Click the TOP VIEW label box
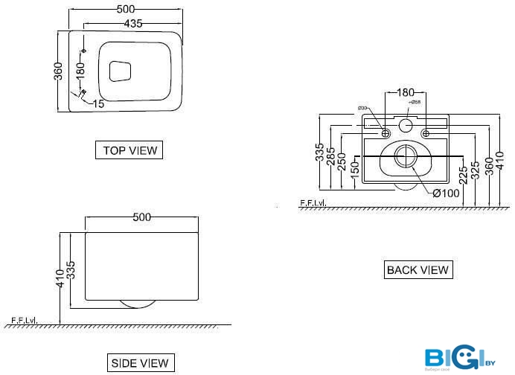[130, 150]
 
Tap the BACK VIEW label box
[418, 269]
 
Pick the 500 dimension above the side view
[141, 217]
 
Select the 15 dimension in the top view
[99, 103]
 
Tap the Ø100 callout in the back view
[447, 193]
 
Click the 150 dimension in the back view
[355, 170]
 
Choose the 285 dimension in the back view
[331, 157]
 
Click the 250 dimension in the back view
[342, 164]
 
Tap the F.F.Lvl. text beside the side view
[25, 321]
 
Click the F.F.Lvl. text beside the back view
[313, 202]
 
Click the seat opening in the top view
[120, 71]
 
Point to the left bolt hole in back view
[386, 133]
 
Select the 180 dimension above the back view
[405, 92]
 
